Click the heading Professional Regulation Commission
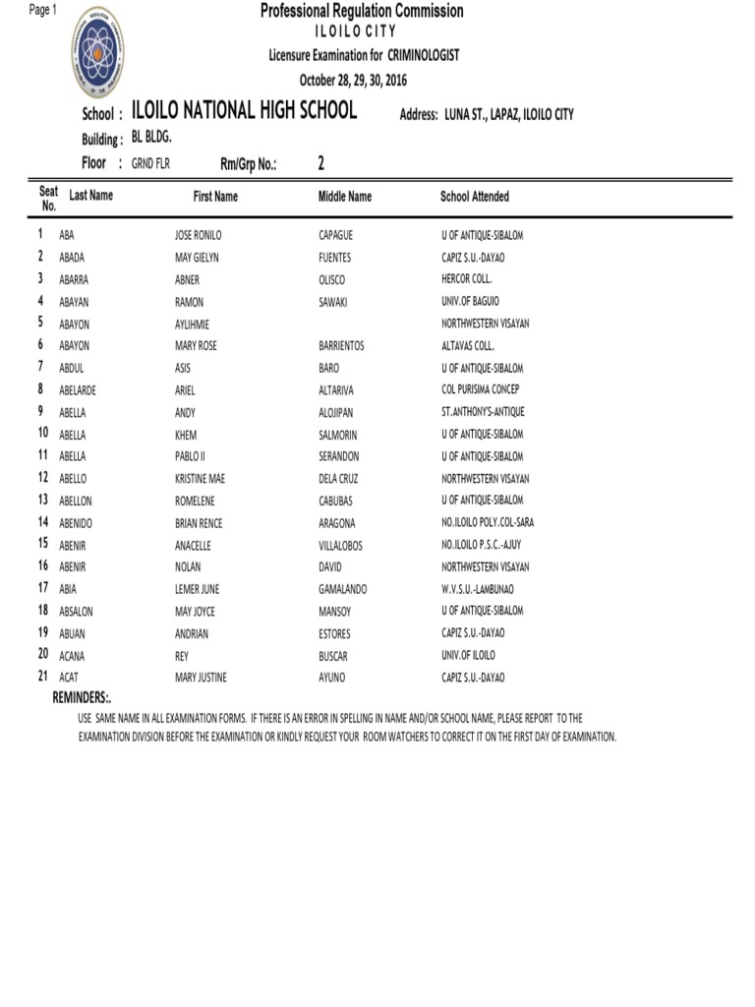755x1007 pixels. [x=362, y=11]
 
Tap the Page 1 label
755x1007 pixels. [x=44, y=10]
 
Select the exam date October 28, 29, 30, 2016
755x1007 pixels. [x=353, y=80]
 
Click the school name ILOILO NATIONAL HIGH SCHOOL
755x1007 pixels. [x=244, y=111]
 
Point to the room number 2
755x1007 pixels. [x=320, y=163]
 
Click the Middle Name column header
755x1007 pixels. [x=344, y=197]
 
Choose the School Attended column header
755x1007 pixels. [x=475, y=197]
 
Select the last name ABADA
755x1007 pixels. [x=72, y=258]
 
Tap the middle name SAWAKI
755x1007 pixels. [x=334, y=302]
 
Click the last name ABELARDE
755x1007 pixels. [x=78, y=390]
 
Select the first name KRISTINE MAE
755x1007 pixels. [x=200, y=479]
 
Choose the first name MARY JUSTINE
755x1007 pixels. [x=202, y=678]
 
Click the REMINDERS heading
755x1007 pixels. [x=82, y=697]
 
